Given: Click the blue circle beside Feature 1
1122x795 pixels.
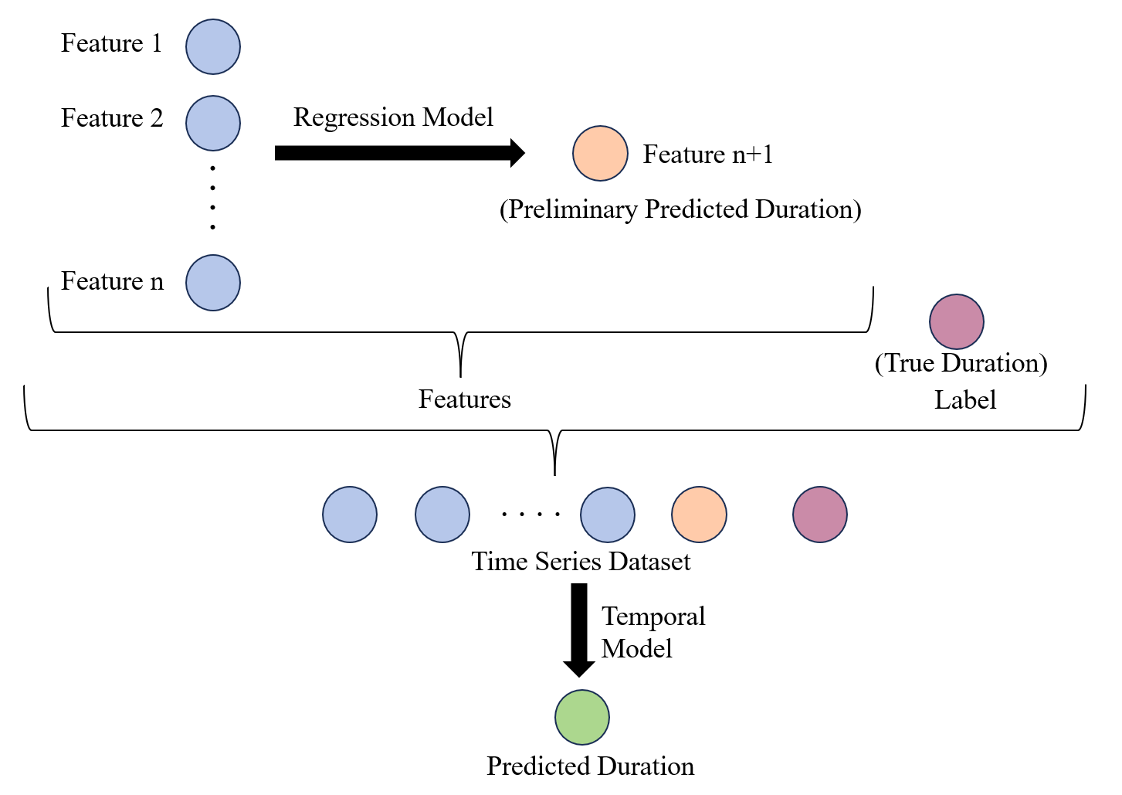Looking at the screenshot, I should pos(213,47).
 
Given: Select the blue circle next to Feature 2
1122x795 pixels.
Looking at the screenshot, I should pos(213,123).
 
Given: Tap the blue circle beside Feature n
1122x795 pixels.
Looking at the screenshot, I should pos(213,283).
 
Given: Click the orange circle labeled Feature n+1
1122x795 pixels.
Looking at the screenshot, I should pos(600,154).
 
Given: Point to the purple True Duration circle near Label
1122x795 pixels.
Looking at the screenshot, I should pos(957,321).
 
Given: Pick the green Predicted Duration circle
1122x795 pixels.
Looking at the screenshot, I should pos(582,717).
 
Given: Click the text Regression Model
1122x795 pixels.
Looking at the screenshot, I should pos(393,117).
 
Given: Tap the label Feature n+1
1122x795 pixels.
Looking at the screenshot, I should pos(707,155).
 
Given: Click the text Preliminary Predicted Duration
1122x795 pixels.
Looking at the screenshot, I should pos(680,209).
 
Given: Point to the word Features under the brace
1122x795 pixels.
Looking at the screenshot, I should pos(465,399).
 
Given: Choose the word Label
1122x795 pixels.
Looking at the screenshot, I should pos(965,400).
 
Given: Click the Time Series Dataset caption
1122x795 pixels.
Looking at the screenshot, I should pos(581,562).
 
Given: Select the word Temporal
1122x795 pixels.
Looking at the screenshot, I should pos(653,617).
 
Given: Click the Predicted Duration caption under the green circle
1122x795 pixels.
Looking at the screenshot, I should pos(590,766).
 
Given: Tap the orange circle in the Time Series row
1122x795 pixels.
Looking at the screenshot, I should pos(699,515).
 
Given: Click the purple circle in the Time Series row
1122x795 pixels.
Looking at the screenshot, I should pos(820,515).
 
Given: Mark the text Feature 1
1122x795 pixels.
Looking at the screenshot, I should pos(112,43).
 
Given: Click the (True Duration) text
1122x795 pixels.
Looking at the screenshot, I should pos(961,363).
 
